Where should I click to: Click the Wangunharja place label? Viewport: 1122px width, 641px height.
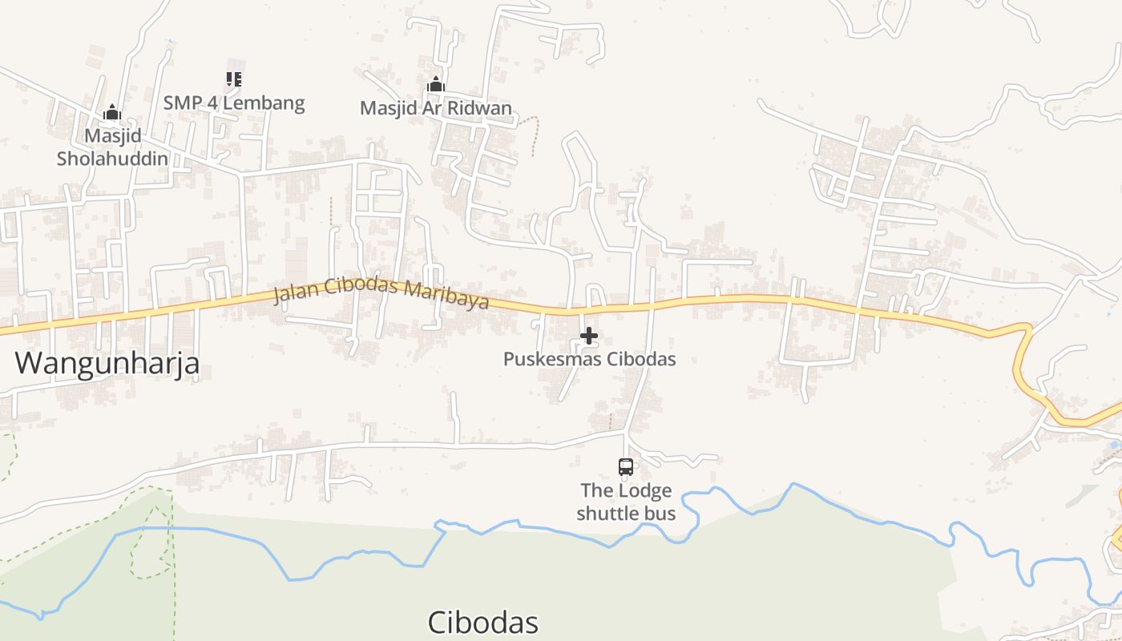pos(107,364)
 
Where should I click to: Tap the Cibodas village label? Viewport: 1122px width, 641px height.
pos(482,623)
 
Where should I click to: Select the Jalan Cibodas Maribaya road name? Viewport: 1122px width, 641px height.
pos(381,292)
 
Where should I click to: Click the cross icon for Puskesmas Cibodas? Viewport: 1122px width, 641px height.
pos(589,336)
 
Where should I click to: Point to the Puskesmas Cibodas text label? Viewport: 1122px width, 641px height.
pos(589,359)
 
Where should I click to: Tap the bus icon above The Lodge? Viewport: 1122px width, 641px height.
pos(626,466)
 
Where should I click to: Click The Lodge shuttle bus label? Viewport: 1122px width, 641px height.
pos(626,502)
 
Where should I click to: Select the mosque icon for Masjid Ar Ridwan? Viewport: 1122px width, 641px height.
pos(436,84)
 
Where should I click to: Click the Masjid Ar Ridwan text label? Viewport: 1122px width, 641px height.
pos(436,107)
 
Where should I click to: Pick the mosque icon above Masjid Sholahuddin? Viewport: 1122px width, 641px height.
pos(112,112)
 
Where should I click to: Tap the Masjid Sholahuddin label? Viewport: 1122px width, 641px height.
pos(112,147)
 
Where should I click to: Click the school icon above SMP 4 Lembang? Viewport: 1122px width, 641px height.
pos(234,79)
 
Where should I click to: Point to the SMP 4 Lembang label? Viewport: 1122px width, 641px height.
pos(234,103)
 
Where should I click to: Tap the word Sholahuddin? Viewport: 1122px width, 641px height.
pos(112,158)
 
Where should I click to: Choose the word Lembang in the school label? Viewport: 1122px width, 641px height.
pos(268,103)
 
